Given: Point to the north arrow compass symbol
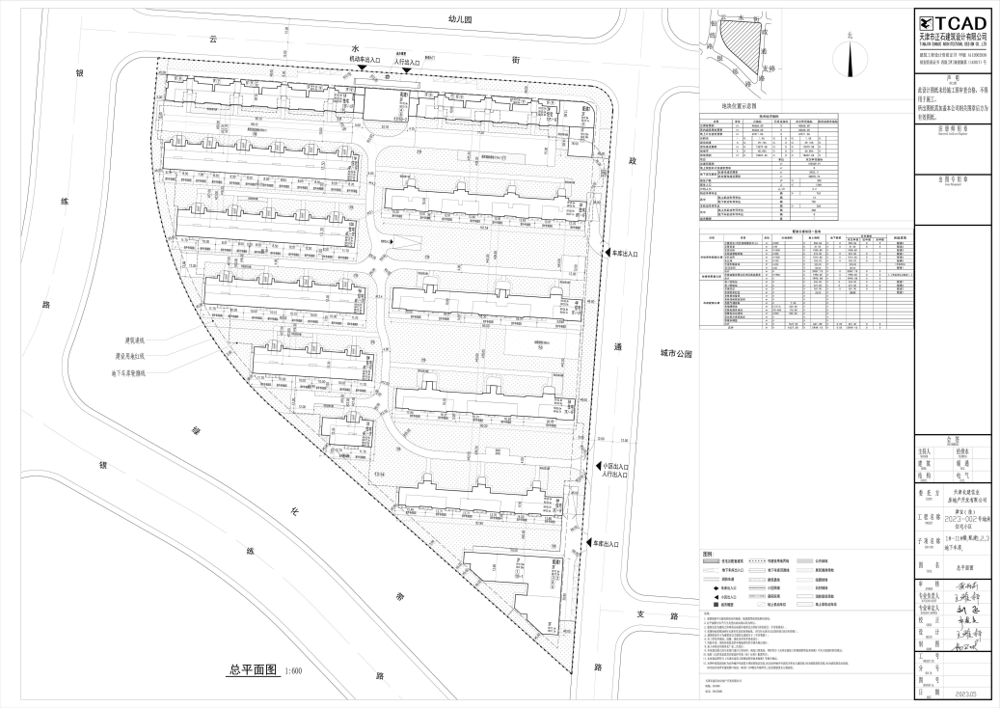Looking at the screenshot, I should coord(850,55).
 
